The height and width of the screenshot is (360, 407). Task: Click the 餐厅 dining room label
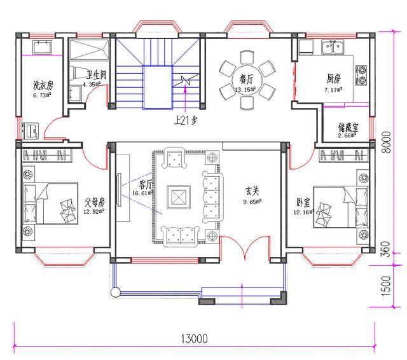pyautogui.click(x=246, y=80)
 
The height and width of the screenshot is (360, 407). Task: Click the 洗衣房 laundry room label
pyautogui.click(x=43, y=85)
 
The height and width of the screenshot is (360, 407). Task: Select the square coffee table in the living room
pyautogui.click(x=179, y=196)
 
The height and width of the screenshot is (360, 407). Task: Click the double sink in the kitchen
pyautogui.click(x=334, y=47)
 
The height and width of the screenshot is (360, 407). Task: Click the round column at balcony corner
pyautogui.click(x=115, y=293)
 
